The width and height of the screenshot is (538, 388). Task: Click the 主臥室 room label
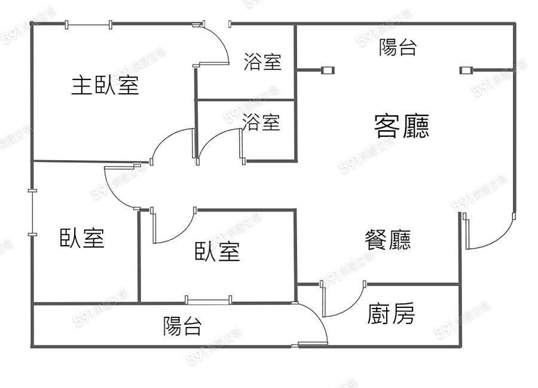(x=105, y=85)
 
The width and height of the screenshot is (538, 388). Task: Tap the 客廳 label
(x=401, y=126)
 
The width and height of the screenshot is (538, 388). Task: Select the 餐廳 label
(x=387, y=240)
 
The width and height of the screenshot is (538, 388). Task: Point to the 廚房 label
(x=391, y=314)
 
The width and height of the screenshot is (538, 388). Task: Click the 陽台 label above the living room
(x=398, y=48)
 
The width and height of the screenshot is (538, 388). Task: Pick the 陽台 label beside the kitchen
(x=182, y=326)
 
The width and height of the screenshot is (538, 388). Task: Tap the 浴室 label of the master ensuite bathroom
(x=262, y=62)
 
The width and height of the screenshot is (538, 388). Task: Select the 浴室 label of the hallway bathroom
(x=261, y=123)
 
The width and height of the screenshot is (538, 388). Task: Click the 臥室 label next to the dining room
(x=218, y=252)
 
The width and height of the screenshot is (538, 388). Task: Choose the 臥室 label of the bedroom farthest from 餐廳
(x=82, y=238)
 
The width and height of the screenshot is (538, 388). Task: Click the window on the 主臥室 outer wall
(x=88, y=25)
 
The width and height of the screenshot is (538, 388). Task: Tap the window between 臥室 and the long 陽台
(x=207, y=301)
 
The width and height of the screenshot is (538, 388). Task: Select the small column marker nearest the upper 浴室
(x=328, y=71)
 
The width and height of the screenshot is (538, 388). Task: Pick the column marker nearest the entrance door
(x=465, y=71)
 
